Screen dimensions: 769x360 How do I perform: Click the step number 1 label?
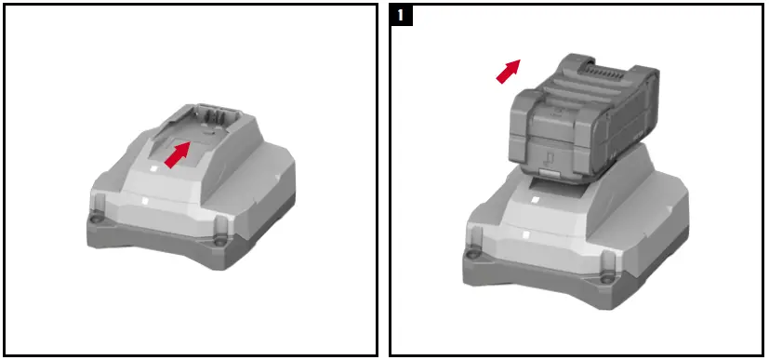tap(401, 15)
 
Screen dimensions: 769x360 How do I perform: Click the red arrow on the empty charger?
tap(177, 154)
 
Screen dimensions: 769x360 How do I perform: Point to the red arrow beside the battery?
tap(509, 72)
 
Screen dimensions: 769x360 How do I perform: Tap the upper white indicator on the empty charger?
tap(153, 168)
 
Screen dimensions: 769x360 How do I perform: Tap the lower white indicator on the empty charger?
tap(146, 201)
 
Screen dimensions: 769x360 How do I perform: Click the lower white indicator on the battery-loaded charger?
tap(525, 234)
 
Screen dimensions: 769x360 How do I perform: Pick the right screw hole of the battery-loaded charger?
tap(607, 279)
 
